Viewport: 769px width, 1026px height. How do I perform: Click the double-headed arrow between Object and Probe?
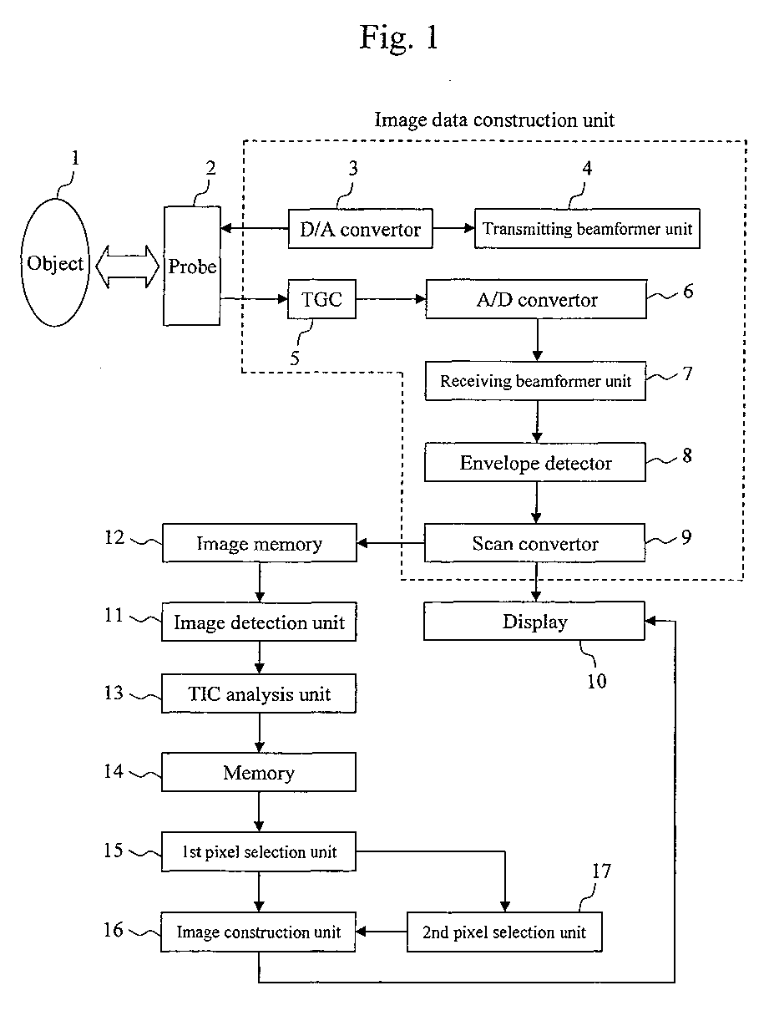tap(128, 267)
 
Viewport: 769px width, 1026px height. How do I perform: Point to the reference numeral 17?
tap(601, 871)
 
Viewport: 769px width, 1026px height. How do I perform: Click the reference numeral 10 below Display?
tap(597, 681)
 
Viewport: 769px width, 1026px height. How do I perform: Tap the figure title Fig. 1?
tap(399, 38)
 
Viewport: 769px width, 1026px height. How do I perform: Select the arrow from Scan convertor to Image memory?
tap(390, 543)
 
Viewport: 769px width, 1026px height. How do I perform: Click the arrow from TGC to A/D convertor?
tap(391, 299)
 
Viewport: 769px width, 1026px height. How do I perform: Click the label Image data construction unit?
tap(494, 120)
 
